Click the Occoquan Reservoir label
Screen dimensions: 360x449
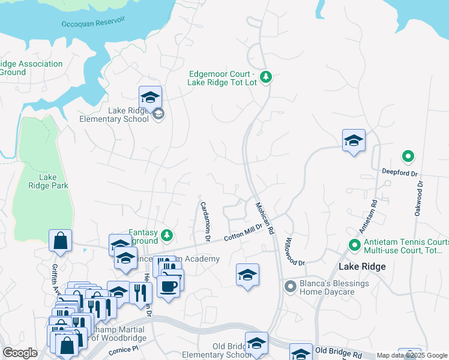tap(93, 22)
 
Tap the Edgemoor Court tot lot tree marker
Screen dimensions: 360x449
tap(267, 77)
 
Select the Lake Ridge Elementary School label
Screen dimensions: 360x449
tap(114, 115)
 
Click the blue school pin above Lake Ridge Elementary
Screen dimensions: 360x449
tap(150, 97)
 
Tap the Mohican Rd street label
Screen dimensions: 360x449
tap(265, 217)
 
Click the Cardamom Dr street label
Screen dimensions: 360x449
tap(204, 221)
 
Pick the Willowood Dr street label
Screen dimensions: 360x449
tap(295, 251)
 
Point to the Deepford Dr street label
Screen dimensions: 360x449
tap(399, 172)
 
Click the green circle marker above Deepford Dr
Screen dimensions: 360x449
tap(408, 157)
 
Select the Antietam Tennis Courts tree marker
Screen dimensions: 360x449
tap(354, 245)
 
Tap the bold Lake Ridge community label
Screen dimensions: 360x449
tap(361, 266)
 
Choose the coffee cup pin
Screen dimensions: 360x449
tap(170, 286)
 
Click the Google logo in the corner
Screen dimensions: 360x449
tap(20, 353)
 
